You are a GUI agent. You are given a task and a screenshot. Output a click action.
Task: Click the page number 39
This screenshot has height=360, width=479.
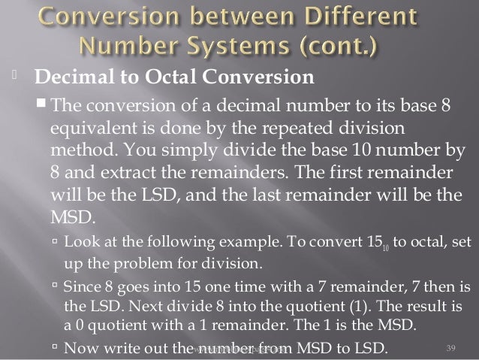(x=451, y=346)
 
